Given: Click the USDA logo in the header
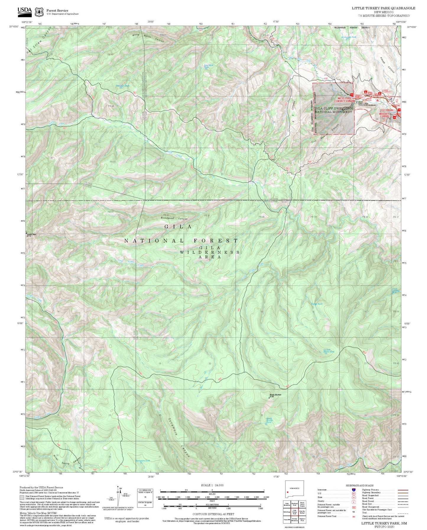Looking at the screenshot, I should coord(25,11).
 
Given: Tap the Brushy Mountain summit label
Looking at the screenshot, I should coord(275,395).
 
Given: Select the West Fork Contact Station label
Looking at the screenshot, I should coord(346,99).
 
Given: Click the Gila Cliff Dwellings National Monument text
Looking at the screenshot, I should coord(334,110).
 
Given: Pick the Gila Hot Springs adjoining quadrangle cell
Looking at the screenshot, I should coord(302,513).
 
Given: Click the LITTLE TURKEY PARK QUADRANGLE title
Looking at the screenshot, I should coord(383,8).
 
